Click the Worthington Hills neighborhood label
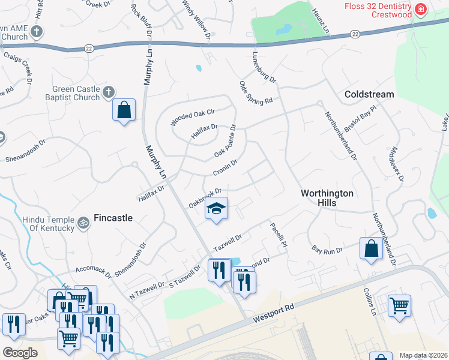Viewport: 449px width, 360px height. pyautogui.click(x=327, y=198)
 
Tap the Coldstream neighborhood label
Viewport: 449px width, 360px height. pyautogui.click(x=369, y=94)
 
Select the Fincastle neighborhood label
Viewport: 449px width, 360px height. pyautogui.click(x=113, y=218)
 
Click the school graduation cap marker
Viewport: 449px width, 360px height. pyautogui.click(x=217, y=208)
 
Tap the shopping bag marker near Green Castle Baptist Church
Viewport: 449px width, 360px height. pyautogui.click(x=124, y=110)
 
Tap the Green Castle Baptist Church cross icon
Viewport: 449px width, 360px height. pyautogui.click(x=108, y=92)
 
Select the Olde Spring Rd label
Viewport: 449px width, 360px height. pyautogui.click(x=256, y=92)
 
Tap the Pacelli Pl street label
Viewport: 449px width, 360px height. pyautogui.click(x=279, y=235)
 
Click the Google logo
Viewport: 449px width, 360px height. pyautogui.click(x=20, y=353)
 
